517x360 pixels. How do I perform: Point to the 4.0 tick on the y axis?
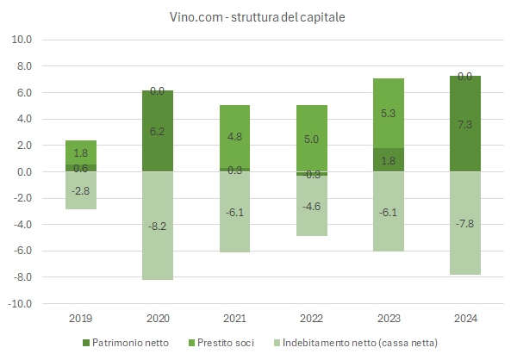[22, 119]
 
